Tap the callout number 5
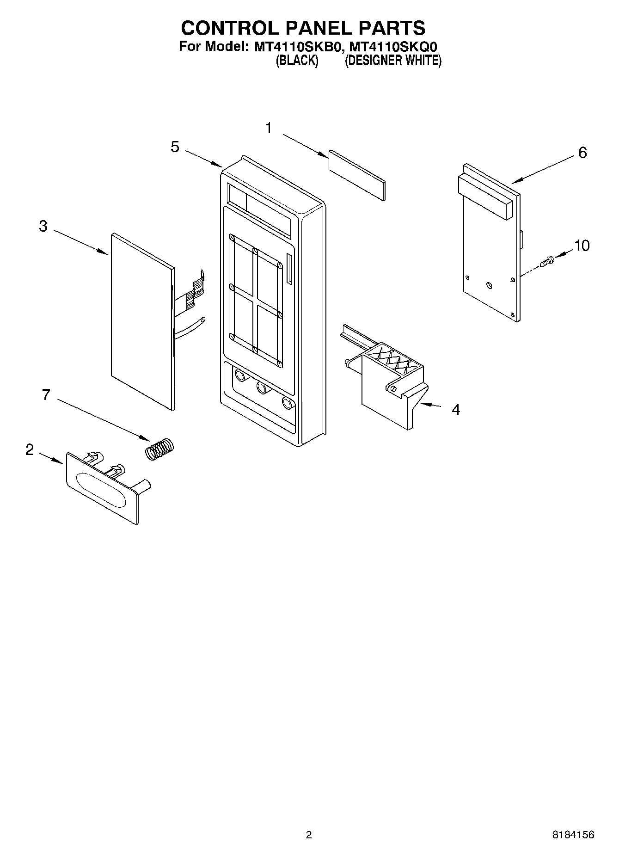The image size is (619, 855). (175, 147)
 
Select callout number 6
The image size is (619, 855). (582, 153)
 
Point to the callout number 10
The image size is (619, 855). (582, 246)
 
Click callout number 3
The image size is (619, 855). (43, 226)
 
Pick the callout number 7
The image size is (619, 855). (46, 395)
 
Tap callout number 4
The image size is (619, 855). (455, 410)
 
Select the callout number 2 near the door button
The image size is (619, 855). (30, 449)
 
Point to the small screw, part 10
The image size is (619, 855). (547, 262)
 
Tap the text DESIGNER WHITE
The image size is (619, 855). (393, 61)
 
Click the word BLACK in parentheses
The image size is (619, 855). (297, 61)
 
